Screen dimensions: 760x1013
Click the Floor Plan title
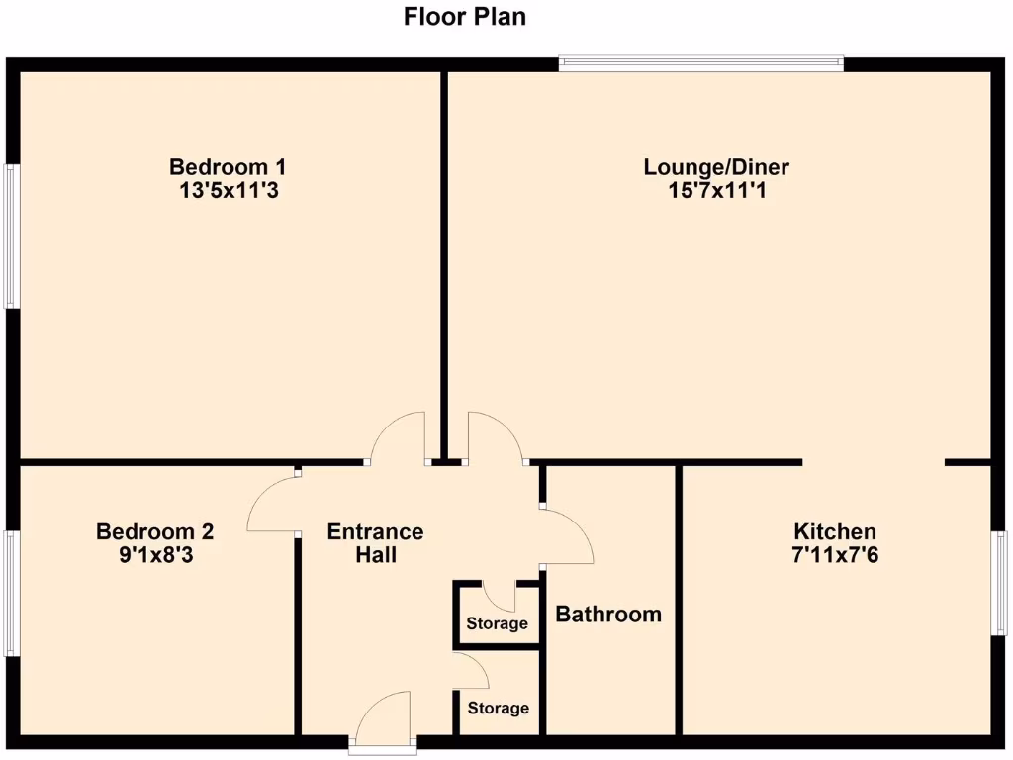(465, 17)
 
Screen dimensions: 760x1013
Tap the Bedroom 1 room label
(228, 166)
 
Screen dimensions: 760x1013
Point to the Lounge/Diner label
(716, 166)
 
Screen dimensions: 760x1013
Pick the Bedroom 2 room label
(154, 531)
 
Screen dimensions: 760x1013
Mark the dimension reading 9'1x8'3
(154, 555)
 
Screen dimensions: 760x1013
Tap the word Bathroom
(608, 615)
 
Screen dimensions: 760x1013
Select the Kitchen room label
(834, 531)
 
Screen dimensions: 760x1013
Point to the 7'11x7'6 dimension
(834, 555)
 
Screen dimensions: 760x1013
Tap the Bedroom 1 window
(11, 236)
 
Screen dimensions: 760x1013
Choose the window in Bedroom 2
(11, 593)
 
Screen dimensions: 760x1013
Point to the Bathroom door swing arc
(569, 535)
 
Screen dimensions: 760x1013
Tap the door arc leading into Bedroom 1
(400, 437)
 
